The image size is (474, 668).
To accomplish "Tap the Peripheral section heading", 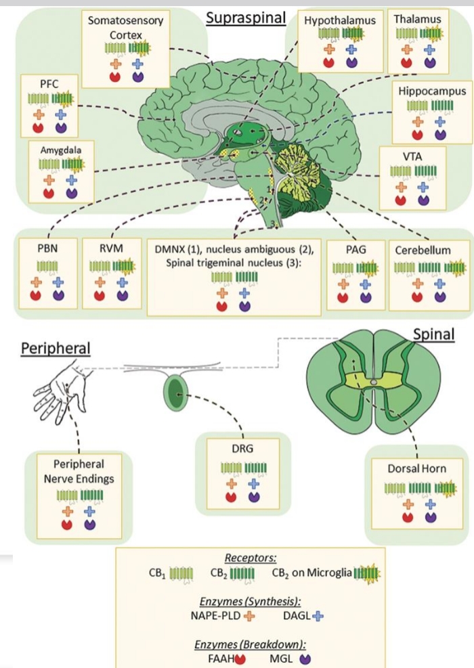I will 56,347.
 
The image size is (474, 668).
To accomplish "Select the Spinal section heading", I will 434,334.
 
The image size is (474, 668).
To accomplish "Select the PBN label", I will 47,248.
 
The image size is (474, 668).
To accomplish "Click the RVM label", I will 110,248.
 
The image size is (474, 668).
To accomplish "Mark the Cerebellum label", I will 423,250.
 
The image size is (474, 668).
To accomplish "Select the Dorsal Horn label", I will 416,468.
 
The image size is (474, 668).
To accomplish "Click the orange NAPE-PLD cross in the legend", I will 249,615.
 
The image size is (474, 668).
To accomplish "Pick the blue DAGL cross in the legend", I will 318,615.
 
